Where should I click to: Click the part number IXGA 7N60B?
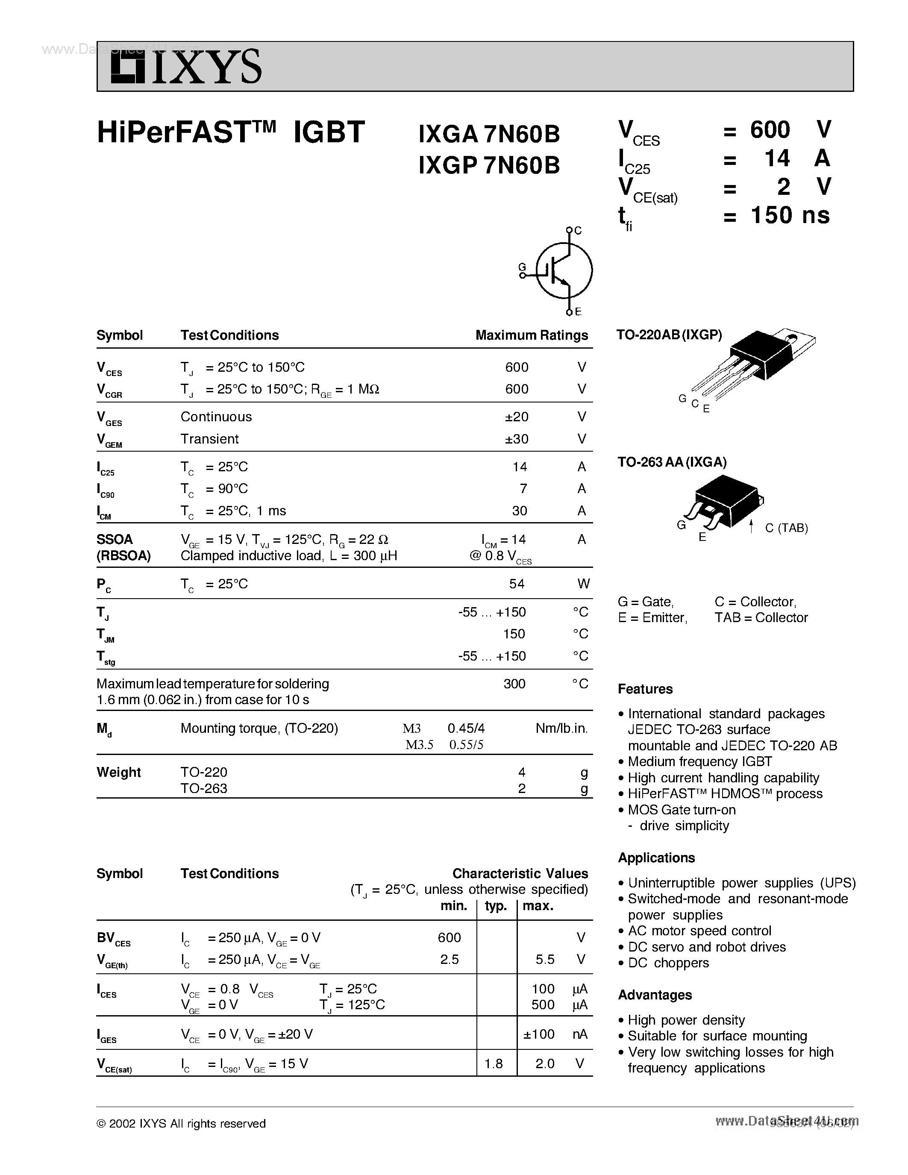click(x=489, y=135)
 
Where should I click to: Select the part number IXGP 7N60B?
click(x=489, y=166)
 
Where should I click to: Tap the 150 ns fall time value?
click(x=790, y=215)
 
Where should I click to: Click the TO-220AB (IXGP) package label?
click(x=669, y=335)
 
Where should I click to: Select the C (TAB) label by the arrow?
click(x=786, y=528)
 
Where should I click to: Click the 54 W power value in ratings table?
click(x=517, y=584)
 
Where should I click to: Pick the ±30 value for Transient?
click(x=517, y=439)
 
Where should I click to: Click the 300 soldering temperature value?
click(x=514, y=684)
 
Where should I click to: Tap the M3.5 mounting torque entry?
click(x=419, y=745)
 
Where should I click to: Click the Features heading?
click(x=645, y=689)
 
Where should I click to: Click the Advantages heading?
click(x=655, y=995)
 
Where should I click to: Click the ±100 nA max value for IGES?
click(x=538, y=1034)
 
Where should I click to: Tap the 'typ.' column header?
click(x=495, y=906)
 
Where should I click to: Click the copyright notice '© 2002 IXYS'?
click(x=181, y=1123)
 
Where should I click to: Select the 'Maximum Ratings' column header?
click(x=532, y=335)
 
